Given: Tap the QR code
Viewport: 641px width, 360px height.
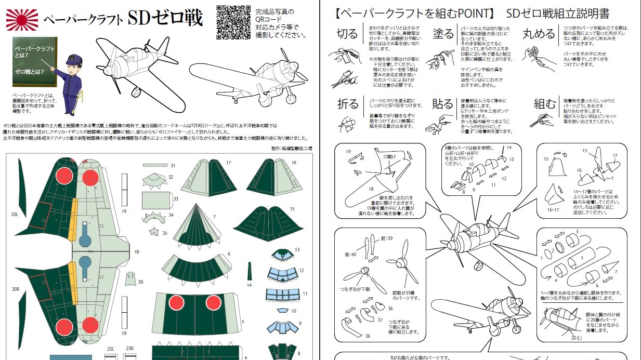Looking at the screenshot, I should pyautogui.click(x=231, y=22).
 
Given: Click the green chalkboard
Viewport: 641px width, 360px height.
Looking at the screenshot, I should pyautogui.click(x=35, y=61).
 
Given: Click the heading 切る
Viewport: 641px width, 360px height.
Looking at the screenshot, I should pyautogui.click(x=347, y=34).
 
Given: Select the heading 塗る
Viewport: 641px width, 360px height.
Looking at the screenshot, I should pyautogui.click(x=443, y=34).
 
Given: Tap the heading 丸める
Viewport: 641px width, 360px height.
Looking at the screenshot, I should pyautogui.click(x=539, y=34).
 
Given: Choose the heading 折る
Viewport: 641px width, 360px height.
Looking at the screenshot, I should pyautogui.click(x=347, y=104).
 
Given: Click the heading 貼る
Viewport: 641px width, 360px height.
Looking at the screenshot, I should pyautogui.click(x=443, y=104).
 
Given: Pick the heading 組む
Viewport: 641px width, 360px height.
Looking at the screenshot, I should pyautogui.click(x=544, y=104).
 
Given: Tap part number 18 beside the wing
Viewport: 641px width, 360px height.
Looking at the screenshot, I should pyautogui.click(x=137, y=251).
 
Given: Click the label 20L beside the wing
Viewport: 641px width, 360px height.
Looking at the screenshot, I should pyautogui.click(x=14, y=214).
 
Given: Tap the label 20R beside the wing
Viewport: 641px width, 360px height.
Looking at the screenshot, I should pyautogui.click(x=14, y=289).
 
